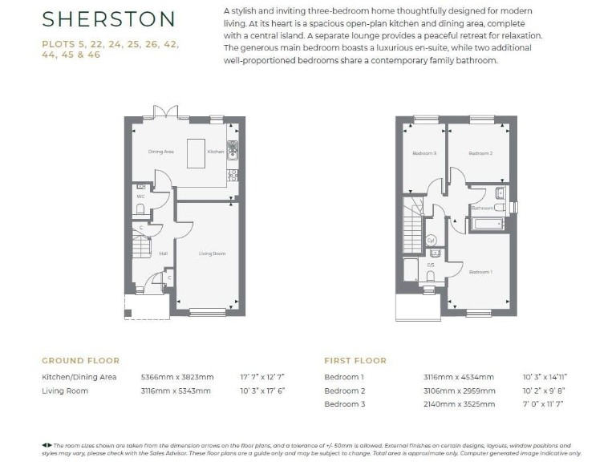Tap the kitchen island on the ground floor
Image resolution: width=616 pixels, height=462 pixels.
pos(197,152)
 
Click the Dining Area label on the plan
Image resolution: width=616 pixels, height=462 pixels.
pos(161,151)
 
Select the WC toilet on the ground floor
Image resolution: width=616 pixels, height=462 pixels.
pos(140,209)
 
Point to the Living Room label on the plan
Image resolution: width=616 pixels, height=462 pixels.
pos(212,253)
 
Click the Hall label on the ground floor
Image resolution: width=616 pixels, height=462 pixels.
pos(163,253)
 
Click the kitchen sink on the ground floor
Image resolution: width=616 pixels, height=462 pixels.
pos(232,148)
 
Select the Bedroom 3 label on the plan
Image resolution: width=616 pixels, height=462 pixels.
pos(423,153)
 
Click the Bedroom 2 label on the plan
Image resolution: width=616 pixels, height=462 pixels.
pos(480,153)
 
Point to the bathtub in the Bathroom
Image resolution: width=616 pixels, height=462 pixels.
pos(486,222)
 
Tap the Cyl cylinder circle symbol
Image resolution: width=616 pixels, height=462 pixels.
pos(431,240)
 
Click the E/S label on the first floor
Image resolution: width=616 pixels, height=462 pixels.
pos(431,264)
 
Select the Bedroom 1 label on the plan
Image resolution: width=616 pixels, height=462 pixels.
pos(480,272)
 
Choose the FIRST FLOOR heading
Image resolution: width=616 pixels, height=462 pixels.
pos(355,361)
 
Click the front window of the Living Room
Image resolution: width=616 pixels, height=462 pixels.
pos(206,311)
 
